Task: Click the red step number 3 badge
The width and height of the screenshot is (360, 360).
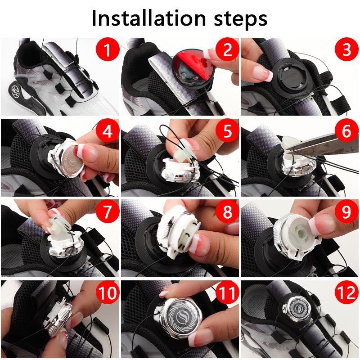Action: click(x=346, y=50)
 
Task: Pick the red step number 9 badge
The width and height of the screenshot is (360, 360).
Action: click(x=346, y=211)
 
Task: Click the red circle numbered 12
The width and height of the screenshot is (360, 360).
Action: click(x=346, y=293)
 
